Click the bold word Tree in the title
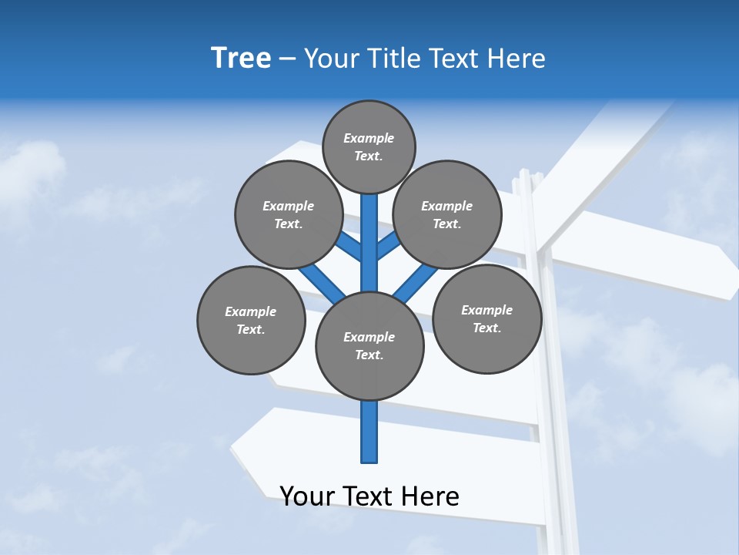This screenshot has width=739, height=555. (x=241, y=59)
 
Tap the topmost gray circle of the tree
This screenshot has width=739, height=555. (x=369, y=146)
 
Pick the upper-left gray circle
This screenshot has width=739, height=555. (x=289, y=214)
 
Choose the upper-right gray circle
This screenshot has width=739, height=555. (x=447, y=214)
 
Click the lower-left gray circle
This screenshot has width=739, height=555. (x=251, y=320)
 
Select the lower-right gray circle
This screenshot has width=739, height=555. (x=487, y=318)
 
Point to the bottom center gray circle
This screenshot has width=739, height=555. (x=369, y=345)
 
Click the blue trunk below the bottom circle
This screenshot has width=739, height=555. (x=369, y=432)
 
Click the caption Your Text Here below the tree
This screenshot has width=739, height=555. (x=369, y=496)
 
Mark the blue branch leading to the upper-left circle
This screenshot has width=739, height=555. (x=349, y=246)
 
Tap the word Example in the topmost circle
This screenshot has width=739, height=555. (x=369, y=138)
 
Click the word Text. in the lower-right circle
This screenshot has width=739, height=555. (x=487, y=328)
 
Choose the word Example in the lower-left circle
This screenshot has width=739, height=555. (x=250, y=311)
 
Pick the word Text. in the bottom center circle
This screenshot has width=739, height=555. (x=369, y=355)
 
